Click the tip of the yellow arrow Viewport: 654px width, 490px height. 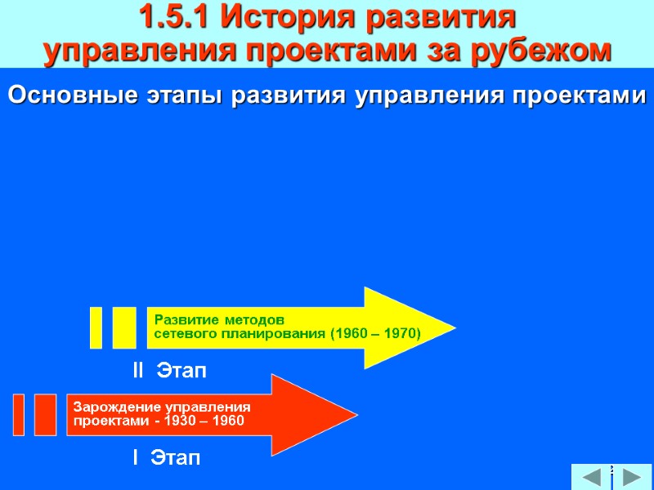tap(453, 328)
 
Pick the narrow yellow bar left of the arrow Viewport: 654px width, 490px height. tap(96, 327)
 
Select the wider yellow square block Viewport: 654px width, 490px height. tap(124, 327)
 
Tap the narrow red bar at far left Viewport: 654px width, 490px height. tap(19, 415)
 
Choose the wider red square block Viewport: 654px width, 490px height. tap(46, 415)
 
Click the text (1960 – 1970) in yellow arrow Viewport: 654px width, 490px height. tap(375, 333)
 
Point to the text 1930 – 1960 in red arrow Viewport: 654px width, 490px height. tap(204, 421)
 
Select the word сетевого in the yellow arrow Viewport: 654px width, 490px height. tap(181, 333)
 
